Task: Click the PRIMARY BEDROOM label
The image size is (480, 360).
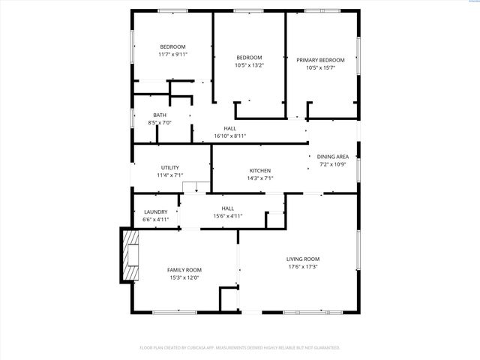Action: click(x=320, y=60)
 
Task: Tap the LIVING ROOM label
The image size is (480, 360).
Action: click(x=303, y=259)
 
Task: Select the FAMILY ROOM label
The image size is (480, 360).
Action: click(x=184, y=270)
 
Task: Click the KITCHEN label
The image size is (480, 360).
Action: click(x=259, y=170)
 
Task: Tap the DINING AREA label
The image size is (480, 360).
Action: click(x=333, y=156)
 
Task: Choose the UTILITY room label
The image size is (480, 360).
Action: click(x=169, y=167)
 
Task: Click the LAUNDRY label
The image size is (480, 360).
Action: click(x=155, y=212)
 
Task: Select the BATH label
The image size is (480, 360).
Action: click(x=160, y=115)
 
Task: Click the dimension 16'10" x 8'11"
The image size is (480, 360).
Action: click(x=230, y=136)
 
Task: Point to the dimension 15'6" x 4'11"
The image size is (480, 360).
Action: click(x=227, y=216)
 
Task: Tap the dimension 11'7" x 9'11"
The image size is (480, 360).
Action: click(x=172, y=55)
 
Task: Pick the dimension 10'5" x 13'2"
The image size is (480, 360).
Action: click(x=249, y=65)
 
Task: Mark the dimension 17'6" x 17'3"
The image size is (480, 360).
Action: click(x=303, y=266)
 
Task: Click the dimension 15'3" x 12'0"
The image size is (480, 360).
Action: click(x=184, y=277)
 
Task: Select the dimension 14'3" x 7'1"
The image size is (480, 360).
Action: click(x=259, y=178)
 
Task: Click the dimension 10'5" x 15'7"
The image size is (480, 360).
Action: click(x=320, y=67)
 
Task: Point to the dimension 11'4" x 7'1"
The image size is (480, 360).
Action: click(x=169, y=175)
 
